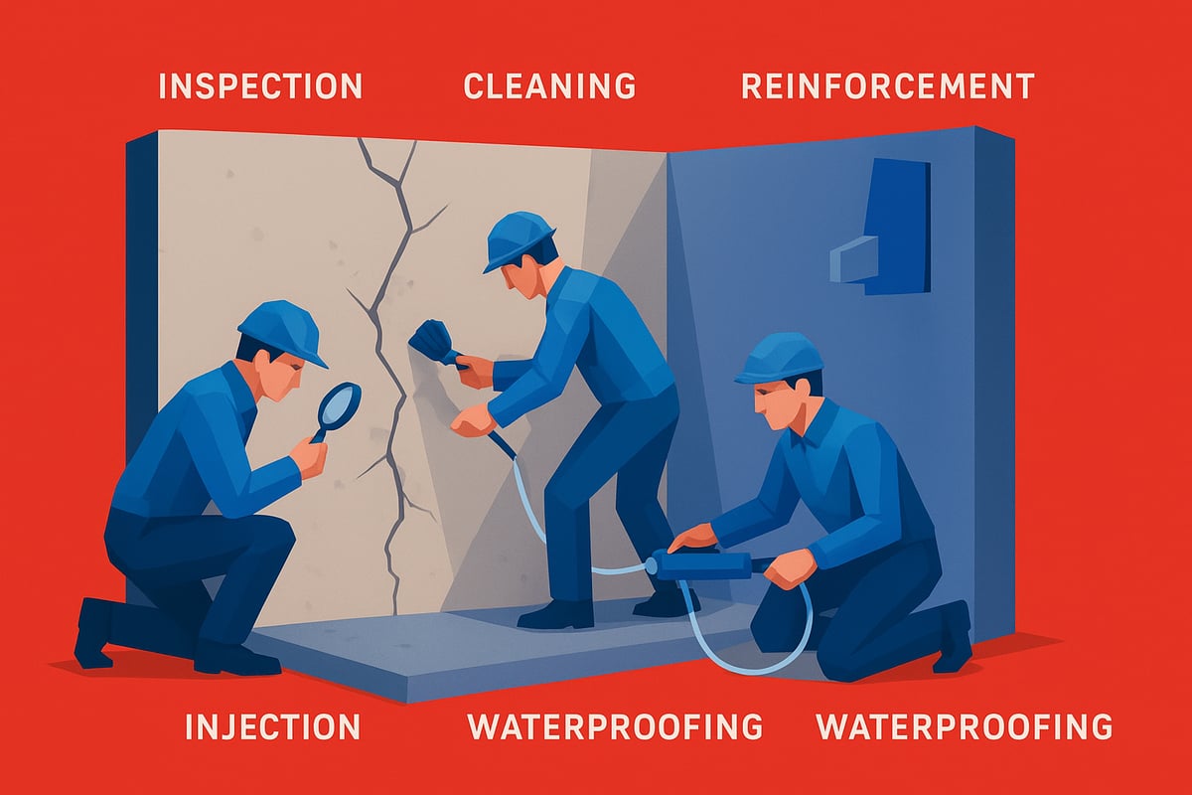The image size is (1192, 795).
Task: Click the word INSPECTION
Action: pos(260,86)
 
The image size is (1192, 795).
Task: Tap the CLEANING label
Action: pos(549,86)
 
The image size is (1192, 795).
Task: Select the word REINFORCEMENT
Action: pos(888,86)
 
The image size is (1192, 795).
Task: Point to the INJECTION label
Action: pos(271,726)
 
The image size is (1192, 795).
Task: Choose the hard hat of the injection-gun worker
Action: pos(781,358)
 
